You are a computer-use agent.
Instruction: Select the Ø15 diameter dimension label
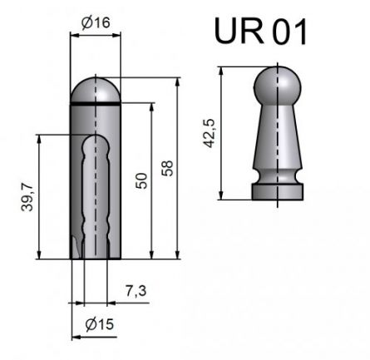(x=101, y=325)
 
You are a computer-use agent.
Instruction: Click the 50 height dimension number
(x=142, y=180)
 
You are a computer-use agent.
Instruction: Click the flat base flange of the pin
(x=275, y=192)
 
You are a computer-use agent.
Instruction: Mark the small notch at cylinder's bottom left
(x=76, y=249)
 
